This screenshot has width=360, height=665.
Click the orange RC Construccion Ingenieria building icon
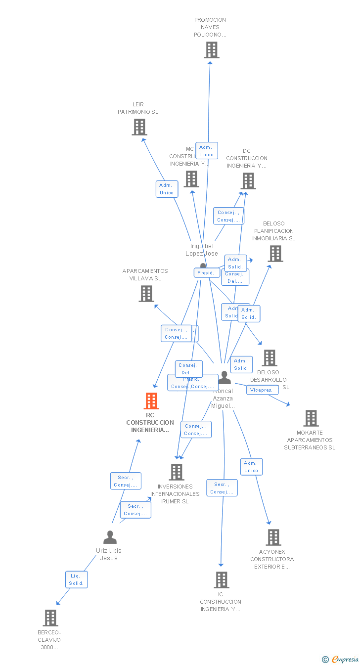151,400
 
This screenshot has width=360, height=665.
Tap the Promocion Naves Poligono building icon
212,50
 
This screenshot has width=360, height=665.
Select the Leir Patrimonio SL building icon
139,127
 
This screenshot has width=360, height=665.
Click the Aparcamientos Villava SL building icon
146,294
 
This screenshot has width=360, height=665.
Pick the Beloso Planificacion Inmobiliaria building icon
275,254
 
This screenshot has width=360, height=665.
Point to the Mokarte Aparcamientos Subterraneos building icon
311,418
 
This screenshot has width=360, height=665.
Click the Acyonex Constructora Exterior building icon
273,537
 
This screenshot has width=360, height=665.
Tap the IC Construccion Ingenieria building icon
221,579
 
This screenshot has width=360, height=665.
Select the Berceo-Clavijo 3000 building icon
50,618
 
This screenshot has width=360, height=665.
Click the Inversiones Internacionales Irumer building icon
177,472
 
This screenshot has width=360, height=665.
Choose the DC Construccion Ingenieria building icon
248,181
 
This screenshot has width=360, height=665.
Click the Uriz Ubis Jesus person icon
110,537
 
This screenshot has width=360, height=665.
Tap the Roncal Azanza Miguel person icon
225,378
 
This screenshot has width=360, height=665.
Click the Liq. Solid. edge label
76,579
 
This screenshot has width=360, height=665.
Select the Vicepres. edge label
262,390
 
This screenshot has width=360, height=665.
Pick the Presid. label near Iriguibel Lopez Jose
206,272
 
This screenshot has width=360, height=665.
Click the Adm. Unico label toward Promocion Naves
206,151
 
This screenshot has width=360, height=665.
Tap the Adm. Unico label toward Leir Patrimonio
167,189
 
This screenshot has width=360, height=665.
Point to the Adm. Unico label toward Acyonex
251,467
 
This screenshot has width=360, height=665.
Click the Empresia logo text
345,659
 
